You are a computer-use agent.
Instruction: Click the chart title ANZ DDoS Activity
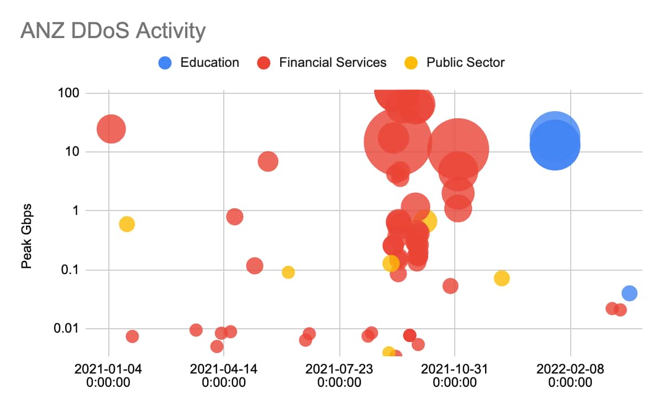point(113,31)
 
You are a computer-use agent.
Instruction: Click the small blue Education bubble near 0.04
point(629,293)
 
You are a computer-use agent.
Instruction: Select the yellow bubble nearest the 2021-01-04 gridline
point(127,224)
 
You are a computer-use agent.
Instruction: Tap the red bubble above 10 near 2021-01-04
point(111,129)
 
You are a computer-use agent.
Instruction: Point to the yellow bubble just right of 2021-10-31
point(501,278)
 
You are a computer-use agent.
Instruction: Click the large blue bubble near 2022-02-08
point(555,145)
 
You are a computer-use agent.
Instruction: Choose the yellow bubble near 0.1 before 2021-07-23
point(288,272)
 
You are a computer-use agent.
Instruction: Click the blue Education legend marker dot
point(165,62)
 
